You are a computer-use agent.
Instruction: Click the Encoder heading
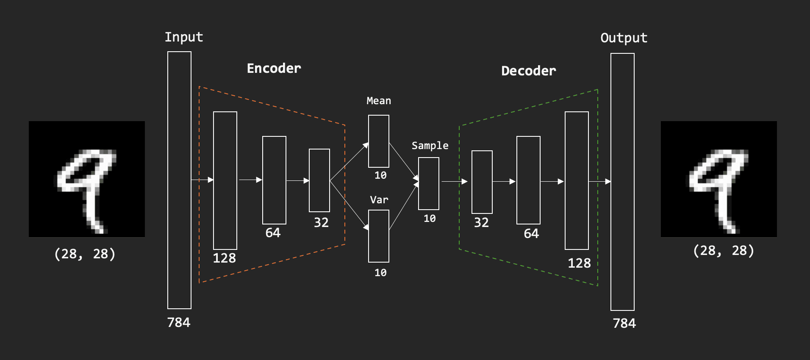click(274, 68)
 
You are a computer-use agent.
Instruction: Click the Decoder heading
click(528, 71)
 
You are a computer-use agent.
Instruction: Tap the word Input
click(183, 37)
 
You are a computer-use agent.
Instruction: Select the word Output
click(624, 38)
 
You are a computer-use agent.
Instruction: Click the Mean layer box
click(378, 141)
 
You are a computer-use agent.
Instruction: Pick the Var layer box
click(378, 236)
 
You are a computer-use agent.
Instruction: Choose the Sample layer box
click(428, 183)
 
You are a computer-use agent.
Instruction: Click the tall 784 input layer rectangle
click(179, 180)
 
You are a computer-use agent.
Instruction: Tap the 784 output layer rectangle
click(622, 182)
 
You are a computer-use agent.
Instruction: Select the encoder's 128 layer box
click(225, 180)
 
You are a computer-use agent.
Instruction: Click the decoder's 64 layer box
click(528, 180)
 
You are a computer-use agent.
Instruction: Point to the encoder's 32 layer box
click(319, 180)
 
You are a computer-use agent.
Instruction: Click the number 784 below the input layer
click(179, 323)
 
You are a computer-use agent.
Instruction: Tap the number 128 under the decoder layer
click(579, 263)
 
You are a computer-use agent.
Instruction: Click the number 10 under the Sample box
click(429, 219)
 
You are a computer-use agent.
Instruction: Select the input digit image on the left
click(87, 179)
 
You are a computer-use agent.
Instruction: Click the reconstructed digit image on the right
click(718, 179)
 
